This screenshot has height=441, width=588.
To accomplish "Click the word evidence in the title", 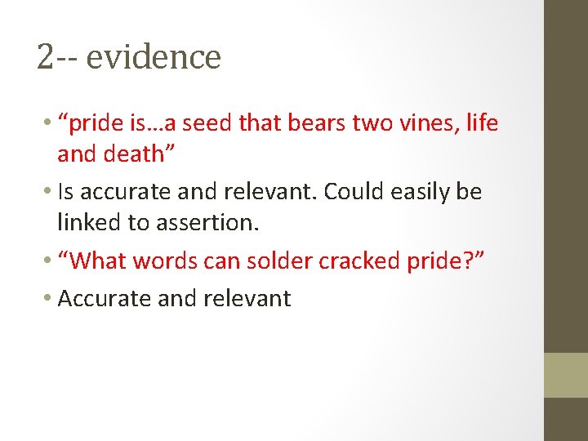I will [x=153, y=57].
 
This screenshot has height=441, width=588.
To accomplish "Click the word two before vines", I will [x=375, y=124].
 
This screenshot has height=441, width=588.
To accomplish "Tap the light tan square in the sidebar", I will [x=566, y=375].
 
